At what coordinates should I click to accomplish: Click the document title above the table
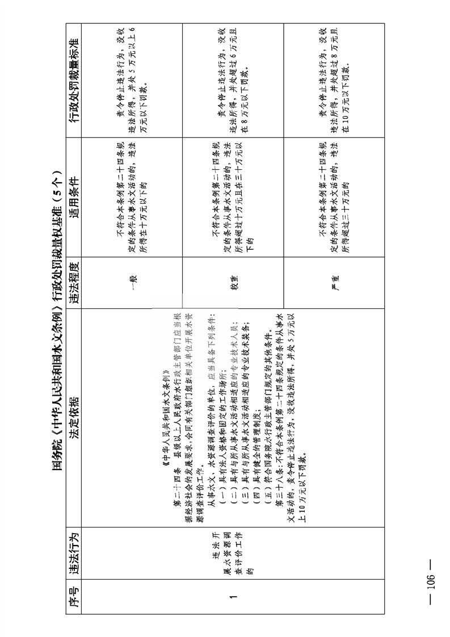(57, 318)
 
